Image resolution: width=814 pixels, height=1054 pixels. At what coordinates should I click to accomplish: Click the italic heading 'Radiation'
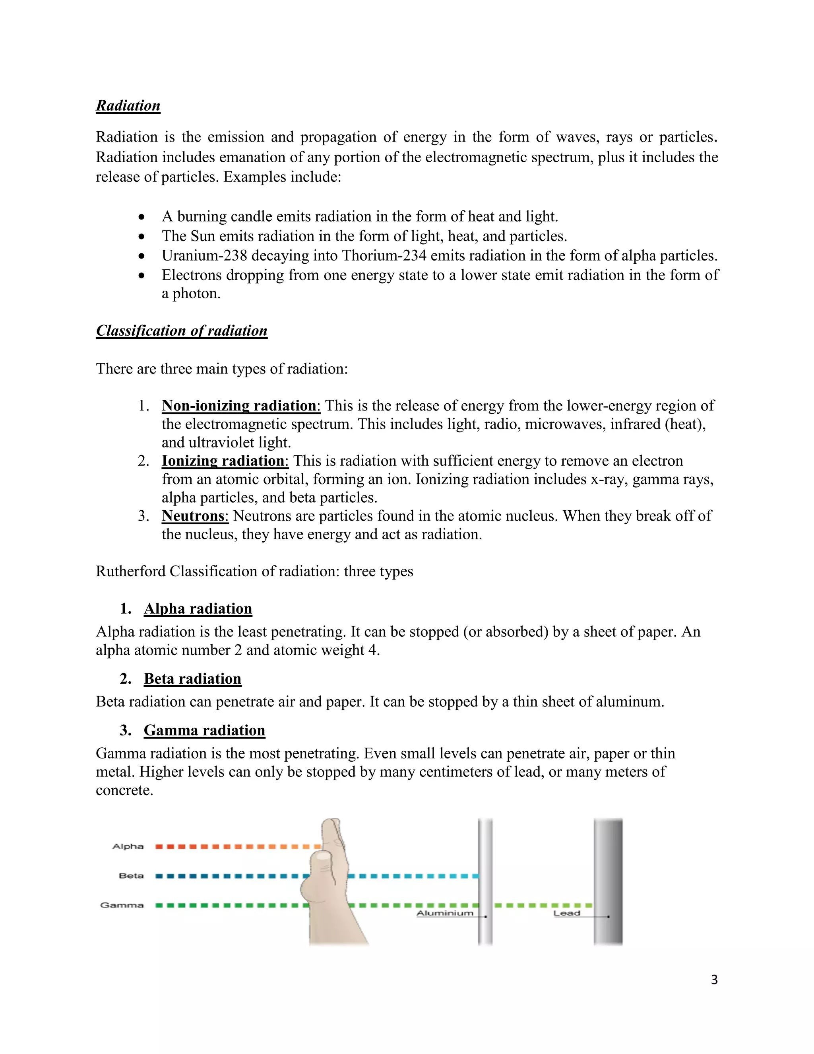128,106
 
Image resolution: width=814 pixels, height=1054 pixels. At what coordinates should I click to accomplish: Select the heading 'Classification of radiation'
181,331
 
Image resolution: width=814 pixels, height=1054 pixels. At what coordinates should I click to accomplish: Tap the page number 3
714,980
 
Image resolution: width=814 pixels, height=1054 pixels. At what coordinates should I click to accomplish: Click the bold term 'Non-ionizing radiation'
240,405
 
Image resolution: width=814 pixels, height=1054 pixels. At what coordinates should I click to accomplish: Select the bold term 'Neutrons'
194,516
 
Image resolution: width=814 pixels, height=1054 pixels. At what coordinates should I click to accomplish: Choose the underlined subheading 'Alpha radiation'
198,609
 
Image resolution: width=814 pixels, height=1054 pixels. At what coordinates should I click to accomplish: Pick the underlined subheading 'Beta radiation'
192,679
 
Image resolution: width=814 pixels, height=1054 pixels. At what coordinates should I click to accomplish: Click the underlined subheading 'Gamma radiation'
204,730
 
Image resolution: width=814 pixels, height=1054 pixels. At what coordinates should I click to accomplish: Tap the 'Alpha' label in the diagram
128,846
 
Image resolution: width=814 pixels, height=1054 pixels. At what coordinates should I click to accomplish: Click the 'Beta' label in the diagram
131,875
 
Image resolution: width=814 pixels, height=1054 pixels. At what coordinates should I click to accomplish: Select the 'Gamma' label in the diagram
122,905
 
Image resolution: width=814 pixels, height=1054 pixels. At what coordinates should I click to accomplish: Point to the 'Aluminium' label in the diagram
445,913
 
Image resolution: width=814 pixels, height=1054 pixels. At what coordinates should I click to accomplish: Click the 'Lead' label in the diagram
567,913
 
